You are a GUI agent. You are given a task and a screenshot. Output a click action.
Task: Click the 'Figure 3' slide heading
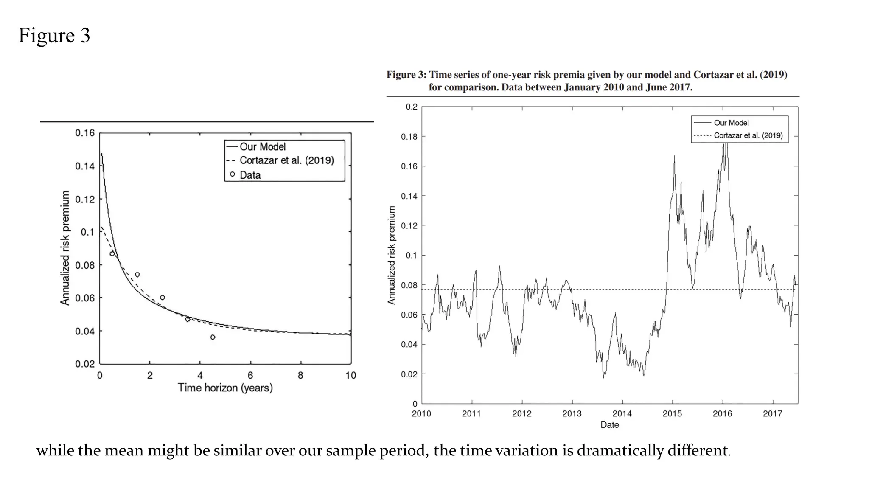pos(54,35)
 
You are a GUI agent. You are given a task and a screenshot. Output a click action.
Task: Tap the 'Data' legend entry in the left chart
pos(249,175)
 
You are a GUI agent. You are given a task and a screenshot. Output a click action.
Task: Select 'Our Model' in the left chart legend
pos(262,146)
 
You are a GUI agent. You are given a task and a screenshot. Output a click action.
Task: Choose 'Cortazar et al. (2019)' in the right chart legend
pos(748,135)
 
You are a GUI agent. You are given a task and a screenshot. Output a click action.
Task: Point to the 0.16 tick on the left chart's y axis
pos(85,133)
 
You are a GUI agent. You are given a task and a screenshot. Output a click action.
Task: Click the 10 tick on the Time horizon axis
pos(350,375)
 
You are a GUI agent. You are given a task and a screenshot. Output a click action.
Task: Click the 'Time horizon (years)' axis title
pos(225,388)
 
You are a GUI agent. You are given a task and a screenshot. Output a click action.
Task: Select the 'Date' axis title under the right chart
pos(609,425)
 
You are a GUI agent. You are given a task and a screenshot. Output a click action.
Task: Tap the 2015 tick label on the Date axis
pos(672,413)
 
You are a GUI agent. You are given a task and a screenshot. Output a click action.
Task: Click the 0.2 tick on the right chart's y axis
pos(411,107)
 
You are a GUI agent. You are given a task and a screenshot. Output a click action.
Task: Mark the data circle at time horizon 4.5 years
pos(213,337)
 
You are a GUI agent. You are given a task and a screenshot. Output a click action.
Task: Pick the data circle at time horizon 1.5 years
pos(137,275)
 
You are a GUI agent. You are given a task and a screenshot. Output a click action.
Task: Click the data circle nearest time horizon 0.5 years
pos(112,254)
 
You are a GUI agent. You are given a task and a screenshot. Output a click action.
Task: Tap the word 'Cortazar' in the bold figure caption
pos(713,75)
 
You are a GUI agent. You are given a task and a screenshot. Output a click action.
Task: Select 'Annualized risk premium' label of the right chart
pos(391,255)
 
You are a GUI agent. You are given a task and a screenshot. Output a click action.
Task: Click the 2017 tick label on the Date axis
pos(772,413)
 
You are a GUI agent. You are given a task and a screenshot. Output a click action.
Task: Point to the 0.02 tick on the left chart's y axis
pos(85,364)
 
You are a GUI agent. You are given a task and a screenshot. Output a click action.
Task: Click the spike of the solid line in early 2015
pos(674,157)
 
